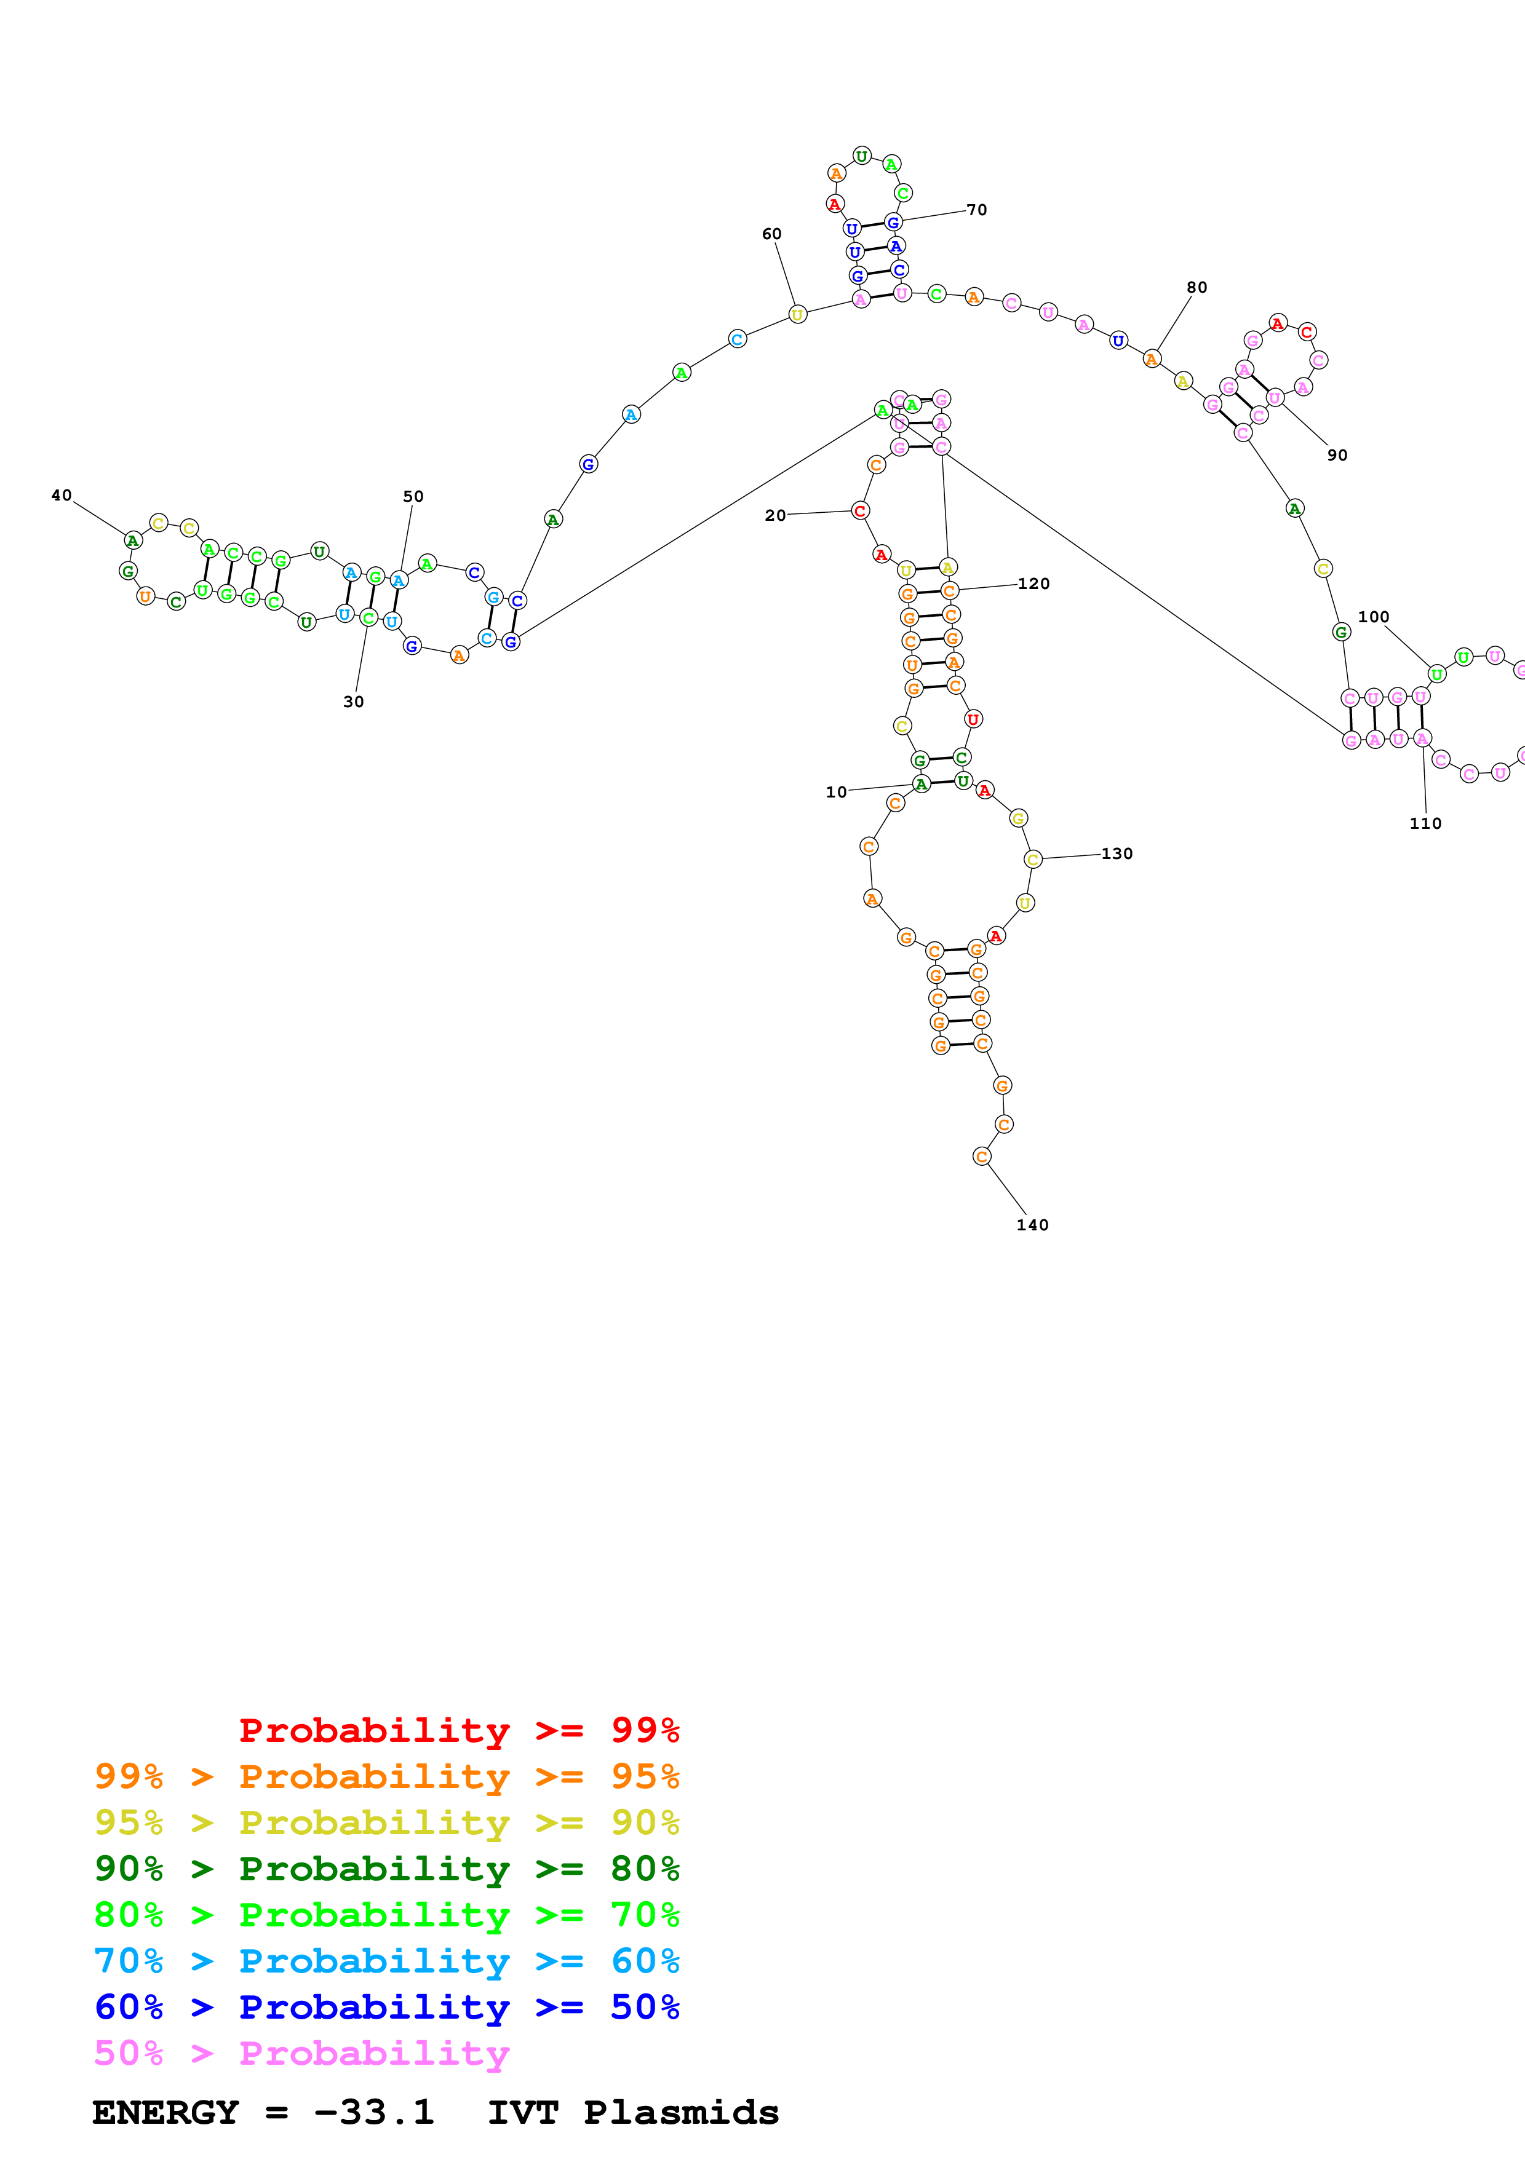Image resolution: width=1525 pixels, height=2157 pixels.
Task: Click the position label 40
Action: click(x=61, y=495)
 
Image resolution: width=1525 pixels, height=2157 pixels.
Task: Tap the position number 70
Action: click(x=978, y=210)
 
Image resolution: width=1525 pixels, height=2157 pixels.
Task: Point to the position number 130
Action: click(x=1117, y=853)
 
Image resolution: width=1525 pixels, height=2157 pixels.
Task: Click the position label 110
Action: click(x=1425, y=823)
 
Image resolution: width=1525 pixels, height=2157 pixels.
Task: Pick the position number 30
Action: click(x=353, y=702)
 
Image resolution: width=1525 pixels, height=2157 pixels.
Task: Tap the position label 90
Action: click(x=1337, y=454)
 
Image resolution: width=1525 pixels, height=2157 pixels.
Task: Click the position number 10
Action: click(x=835, y=792)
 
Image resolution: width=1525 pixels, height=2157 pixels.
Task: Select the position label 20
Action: click(x=774, y=515)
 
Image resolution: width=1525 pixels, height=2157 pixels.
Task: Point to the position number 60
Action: click(x=771, y=234)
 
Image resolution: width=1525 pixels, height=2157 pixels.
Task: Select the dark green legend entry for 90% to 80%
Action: click(x=386, y=1869)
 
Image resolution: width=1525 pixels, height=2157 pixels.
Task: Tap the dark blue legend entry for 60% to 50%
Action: click(x=386, y=2007)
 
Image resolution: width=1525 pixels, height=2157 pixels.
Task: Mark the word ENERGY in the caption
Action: click(x=165, y=2112)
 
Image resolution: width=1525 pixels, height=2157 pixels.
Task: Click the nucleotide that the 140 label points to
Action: click(x=982, y=1157)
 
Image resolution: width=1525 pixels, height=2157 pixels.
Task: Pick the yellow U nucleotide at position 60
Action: click(x=797, y=315)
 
